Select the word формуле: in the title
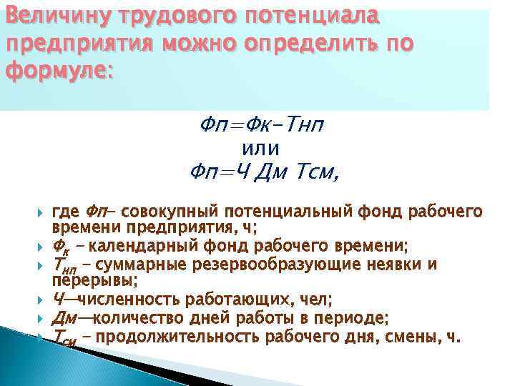tap(59, 71)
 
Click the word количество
tap(130, 318)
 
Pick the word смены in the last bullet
tap(418, 335)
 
